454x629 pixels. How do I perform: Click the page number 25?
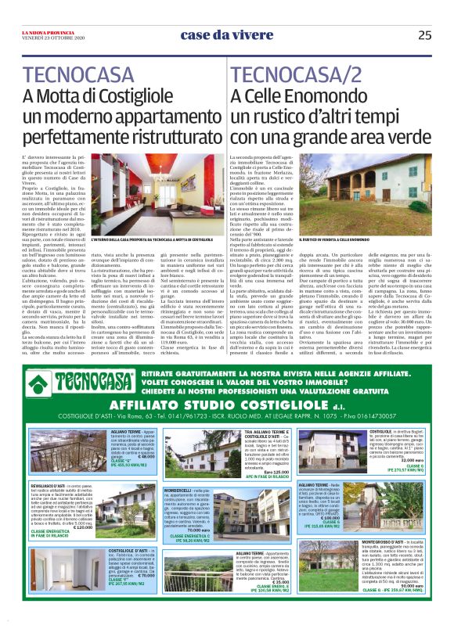pos(424,34)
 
